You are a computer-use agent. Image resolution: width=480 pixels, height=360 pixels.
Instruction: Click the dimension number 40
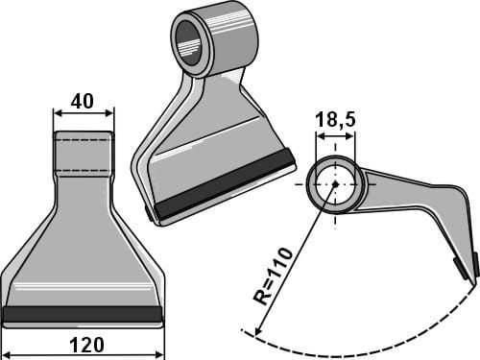(x=83, y=101)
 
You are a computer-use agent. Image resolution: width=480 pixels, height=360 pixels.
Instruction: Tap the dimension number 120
(x=86, y=346)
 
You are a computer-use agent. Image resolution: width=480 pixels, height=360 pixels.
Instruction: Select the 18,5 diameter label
(x=335, y=120)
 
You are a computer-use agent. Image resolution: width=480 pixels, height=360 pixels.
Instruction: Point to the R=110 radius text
(x=273, y=276)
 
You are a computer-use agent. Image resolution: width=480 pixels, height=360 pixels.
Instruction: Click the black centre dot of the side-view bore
(x=335, y=184)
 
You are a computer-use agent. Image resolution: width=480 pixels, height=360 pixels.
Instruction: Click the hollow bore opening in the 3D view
(x=187, y=42)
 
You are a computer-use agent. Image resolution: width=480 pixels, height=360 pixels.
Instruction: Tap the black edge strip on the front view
(x=83, y=314)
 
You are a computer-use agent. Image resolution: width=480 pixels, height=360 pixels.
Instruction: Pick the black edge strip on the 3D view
(x=226, y=185)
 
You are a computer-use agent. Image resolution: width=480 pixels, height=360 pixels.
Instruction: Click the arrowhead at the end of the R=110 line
(x=258, y=331)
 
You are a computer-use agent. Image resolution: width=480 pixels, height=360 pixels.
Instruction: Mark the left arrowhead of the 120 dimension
(x=7, y=355)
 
